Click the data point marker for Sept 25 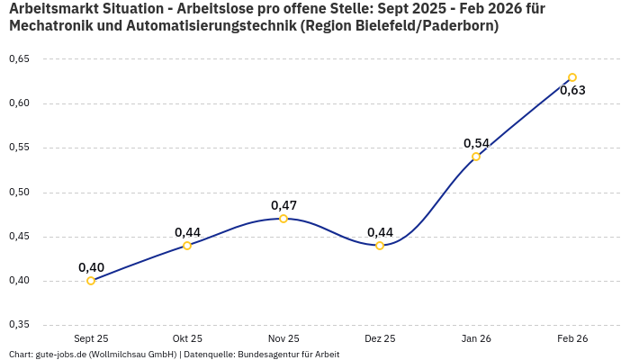[x=91, y=281]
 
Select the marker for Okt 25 [x=187, y=246]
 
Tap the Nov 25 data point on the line [x=283, y=219]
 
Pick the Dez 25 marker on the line [x=380, y=246]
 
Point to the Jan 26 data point [x=476, y=157]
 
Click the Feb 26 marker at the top [x=572, y=77]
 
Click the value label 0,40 [x=91, y=267]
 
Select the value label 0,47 [x=283, y=205]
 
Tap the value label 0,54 [x=476, y=143]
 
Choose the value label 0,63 [x=572, y=90]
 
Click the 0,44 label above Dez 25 [x=380, y=232]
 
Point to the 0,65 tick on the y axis [x=19, y=59]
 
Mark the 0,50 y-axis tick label [x=19, y=193]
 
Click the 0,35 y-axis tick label [x=19, y=325]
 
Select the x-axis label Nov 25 [x=283, y=339]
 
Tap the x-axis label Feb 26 [x=572, y=339]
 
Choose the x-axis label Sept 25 [x=91, y=339]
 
